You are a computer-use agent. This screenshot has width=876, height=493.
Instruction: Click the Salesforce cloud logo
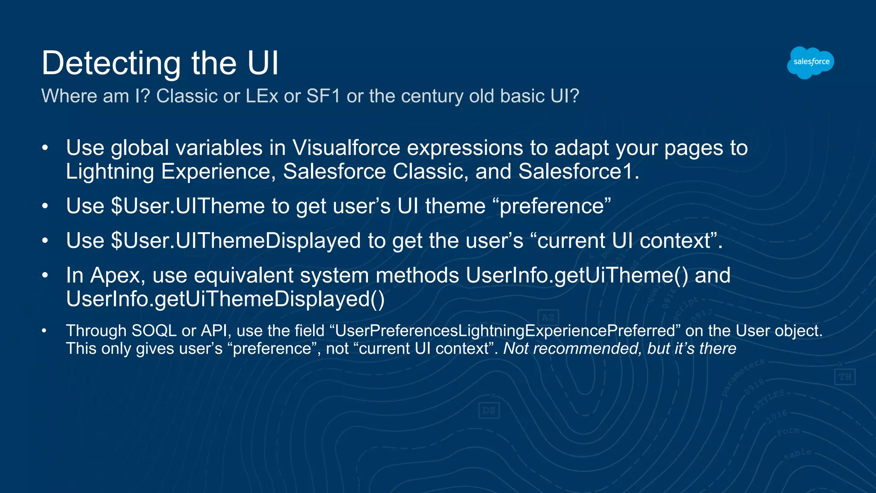point(810,62)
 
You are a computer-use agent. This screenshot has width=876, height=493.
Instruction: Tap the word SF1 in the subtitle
point(323,96)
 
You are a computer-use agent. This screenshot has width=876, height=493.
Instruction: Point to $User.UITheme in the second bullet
point(188,206)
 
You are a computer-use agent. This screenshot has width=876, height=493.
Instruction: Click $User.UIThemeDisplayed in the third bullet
point(236,241)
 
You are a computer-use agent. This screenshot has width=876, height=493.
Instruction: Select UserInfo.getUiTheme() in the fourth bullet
point(577,275)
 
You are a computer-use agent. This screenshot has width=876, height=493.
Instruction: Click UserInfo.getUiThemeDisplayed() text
point(225,299)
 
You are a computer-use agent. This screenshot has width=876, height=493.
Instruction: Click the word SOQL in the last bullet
point(154,331)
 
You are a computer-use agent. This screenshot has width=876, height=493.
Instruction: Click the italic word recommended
point(587,349)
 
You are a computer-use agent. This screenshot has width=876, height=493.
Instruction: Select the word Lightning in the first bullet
point(109,172)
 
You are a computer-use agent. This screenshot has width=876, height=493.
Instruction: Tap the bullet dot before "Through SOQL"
point(44,331)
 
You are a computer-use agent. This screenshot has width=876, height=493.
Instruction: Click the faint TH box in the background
point(844,377)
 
